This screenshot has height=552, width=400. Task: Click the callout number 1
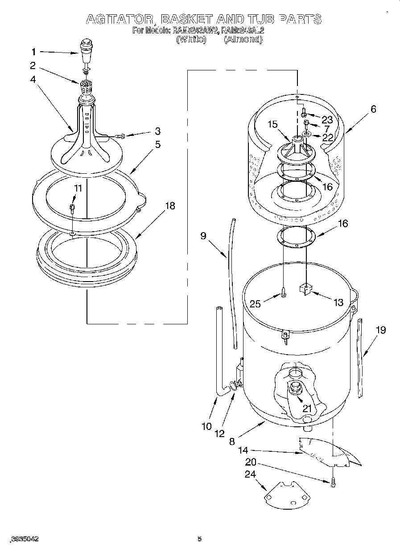33,52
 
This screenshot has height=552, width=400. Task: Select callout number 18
169,206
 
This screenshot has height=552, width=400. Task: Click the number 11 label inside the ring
78,188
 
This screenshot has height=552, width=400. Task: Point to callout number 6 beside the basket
373,109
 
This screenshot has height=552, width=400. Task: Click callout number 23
327,119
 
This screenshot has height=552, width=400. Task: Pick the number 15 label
273,125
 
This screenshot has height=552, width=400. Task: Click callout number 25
255,304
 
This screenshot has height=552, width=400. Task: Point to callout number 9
203,236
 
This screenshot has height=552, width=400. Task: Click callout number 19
380,330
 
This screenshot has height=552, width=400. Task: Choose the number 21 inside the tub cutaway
307,408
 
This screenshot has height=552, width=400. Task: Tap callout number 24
250,474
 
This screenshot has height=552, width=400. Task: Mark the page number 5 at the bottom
200,539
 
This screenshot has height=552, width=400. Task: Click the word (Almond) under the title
243,39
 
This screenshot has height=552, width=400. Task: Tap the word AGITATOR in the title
119,19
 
